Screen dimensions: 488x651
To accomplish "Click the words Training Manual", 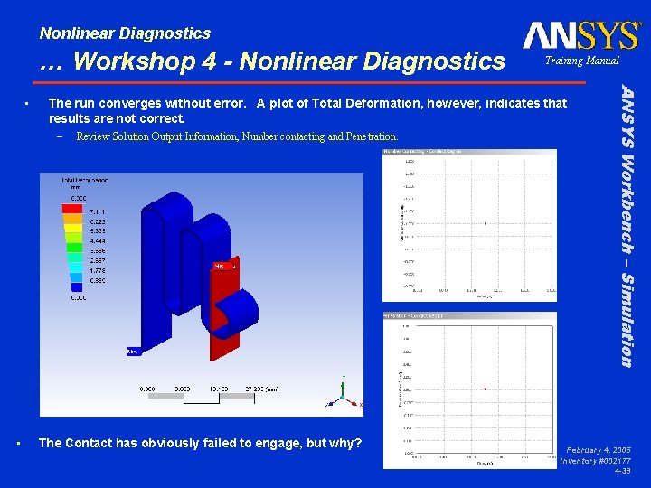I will (x=581, y=61).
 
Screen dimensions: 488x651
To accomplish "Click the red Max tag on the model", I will (x=223, y=266).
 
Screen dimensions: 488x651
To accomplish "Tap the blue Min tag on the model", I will (x=132, y=351).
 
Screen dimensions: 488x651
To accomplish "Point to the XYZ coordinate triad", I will (x=343, y=392).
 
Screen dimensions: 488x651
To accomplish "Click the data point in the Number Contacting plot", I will (x=486, y=223).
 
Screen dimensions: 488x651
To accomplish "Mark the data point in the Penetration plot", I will (x=486, y=389).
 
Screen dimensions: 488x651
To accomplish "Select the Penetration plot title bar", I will (x=469, y=315).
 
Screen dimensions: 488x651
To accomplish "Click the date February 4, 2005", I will (x=599, y=449).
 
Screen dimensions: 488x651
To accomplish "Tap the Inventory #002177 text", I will (x=595, y=461).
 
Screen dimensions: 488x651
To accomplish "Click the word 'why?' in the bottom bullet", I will (x=344, y=443).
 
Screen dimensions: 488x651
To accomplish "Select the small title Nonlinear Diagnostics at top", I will (x=125, y=33).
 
